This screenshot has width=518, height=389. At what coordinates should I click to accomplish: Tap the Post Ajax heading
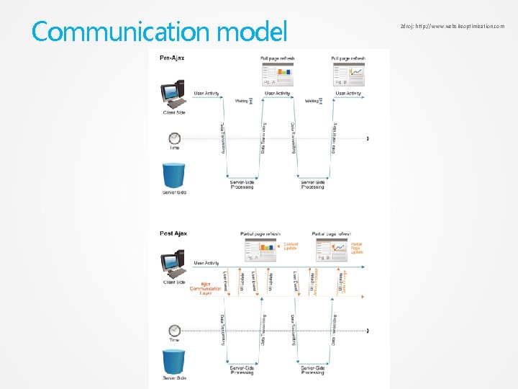(x=173, y=234)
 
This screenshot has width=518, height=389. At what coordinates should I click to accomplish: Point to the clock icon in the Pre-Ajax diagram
(x=174, y=138)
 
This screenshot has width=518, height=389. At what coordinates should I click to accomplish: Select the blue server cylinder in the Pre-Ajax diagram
(x=174, y=176)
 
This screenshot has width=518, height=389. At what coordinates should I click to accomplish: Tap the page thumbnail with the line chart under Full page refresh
(x=348, y=76)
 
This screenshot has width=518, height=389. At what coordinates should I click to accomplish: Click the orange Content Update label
(x=291, y=246)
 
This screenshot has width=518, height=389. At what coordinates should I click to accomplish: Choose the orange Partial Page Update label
(x=357, y=248)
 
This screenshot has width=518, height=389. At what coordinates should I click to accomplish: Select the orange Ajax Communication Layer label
(x=206, y=288)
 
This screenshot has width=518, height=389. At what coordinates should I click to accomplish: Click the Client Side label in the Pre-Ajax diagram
(x=174, y=113)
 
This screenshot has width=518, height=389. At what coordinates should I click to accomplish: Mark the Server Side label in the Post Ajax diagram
(x=174, y=378)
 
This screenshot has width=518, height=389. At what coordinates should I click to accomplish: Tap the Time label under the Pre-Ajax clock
(x=174, y=148)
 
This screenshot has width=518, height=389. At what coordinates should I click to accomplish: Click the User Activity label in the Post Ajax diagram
(x=206, y=263)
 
